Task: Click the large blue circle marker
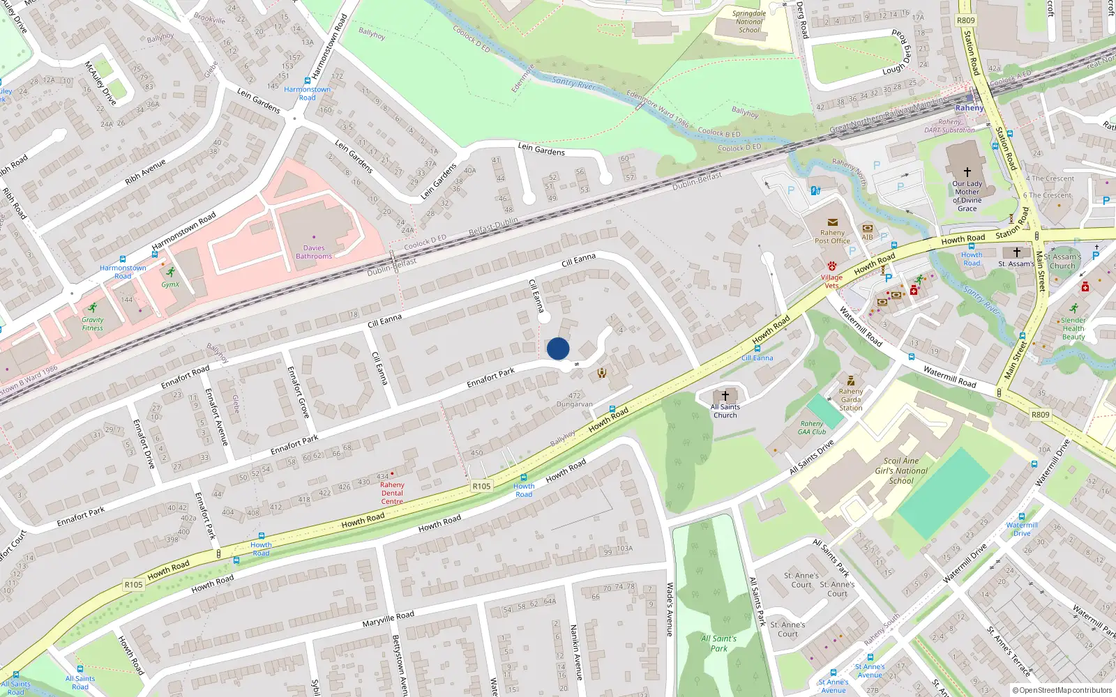558,348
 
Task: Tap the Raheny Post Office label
832,237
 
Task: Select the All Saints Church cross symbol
725,395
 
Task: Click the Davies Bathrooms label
314,252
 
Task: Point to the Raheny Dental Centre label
392,493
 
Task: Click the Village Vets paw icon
832,266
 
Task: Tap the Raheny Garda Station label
851,399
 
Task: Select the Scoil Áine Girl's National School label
901,470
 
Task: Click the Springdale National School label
749,22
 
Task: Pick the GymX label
170,284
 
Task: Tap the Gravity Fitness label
92,324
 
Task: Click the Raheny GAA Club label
812,427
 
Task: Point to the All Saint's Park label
718,643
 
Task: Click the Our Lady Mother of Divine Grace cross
967,171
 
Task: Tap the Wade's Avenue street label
670,609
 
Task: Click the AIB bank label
867,237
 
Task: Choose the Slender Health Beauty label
1073,328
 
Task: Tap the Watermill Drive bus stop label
1022,529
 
